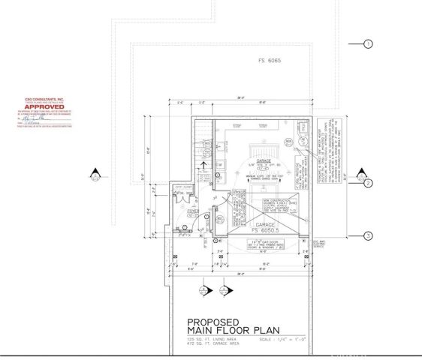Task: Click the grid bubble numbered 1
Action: point(368,44)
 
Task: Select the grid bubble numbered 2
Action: point(368,183)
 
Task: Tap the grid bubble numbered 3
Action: point(368,235)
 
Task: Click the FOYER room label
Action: point(193,211)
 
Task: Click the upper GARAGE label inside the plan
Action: point(264,160)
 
